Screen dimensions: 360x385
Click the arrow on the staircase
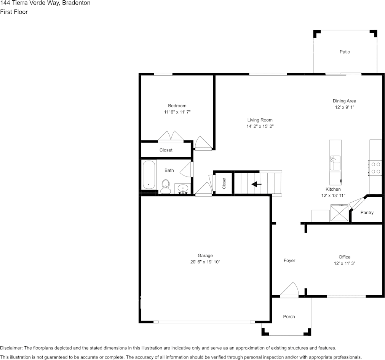coord(257,184)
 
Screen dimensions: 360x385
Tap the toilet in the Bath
coord(165,185)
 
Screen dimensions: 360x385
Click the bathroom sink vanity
coord(183,189)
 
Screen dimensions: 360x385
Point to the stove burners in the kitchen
coord(375,168)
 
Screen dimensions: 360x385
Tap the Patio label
coord(345,52)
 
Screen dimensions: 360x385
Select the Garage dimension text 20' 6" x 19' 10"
coord(205,262)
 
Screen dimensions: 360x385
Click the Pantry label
coord(367,212)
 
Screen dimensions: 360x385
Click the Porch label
coord(289,317)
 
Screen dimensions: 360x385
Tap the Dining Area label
coord(344,101)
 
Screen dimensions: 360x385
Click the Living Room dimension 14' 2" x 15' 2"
coord(260,126)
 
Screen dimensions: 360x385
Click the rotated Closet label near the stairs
coord(224,183)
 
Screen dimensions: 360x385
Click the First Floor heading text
coord(14,12)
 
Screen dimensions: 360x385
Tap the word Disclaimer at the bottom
coord(11,348)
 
